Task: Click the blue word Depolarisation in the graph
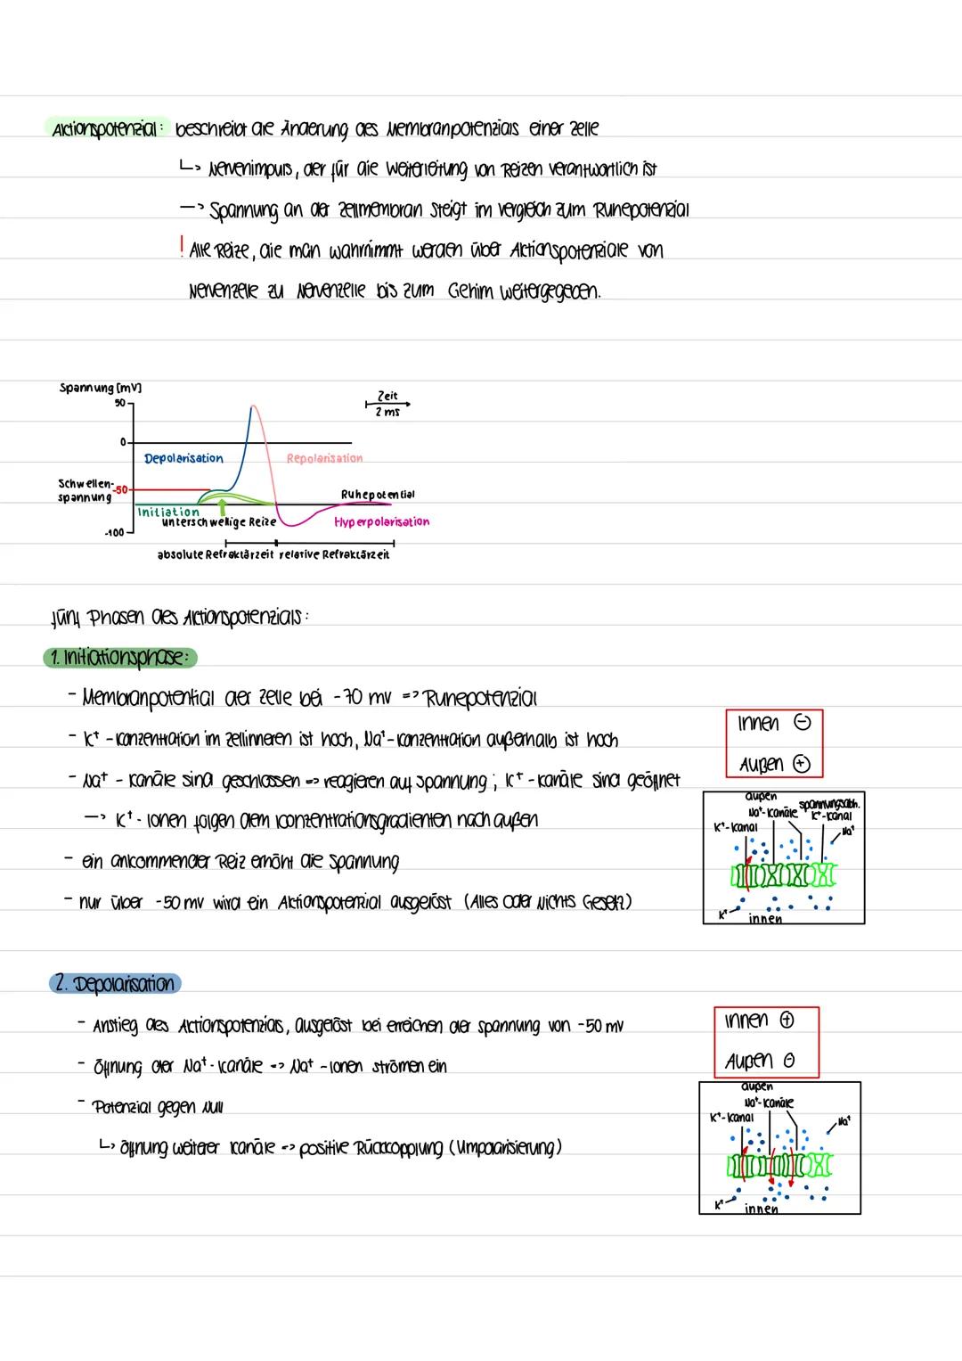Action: coord(183,458)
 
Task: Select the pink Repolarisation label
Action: coord(324,458)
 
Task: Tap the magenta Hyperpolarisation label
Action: coord(381,522)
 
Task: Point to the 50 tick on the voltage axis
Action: coord(119,402)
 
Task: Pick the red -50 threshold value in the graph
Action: coord(121,489)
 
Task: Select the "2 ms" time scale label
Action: coord(387,413)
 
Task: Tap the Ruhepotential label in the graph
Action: coord(377,494)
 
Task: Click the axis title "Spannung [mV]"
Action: coord(101,388)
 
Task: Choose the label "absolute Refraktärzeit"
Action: coord(216,554)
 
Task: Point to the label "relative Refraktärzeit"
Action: coord(334,554)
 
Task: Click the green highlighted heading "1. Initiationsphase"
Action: coord(119,658)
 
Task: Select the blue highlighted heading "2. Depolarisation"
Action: coord(114,984)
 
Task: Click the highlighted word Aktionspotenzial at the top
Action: coord(104,128)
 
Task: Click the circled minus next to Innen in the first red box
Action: coord(802,725)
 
